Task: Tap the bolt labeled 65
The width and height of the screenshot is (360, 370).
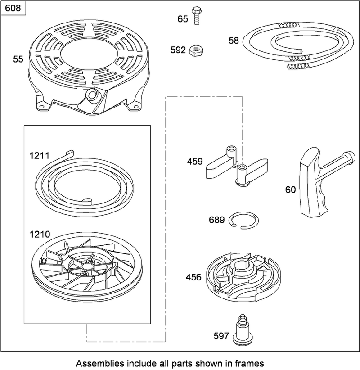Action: click(197, 15)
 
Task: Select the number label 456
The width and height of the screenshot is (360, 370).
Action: click(193, 278)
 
